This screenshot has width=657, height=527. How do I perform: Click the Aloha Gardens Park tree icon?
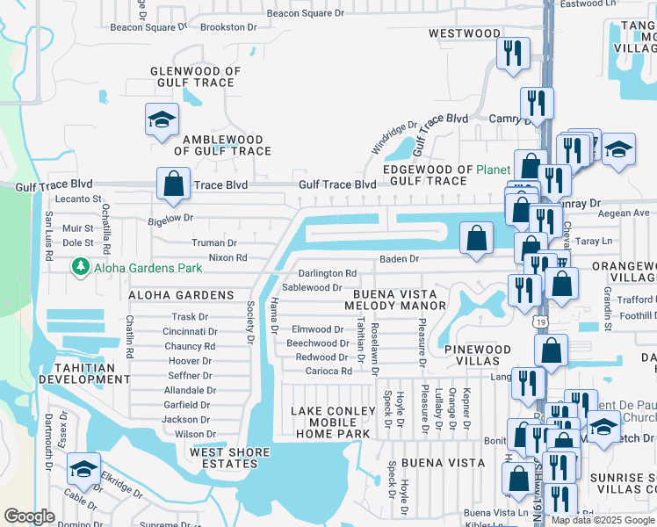point(81,264)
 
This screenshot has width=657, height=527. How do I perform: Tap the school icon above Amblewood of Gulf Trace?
point(162,121)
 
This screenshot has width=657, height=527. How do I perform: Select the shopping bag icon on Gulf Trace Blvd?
point(173,184)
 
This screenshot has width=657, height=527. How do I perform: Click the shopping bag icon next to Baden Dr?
point(475,239)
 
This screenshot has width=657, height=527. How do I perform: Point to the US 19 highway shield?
point(535,324)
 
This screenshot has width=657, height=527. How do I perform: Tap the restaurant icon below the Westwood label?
point(512,54)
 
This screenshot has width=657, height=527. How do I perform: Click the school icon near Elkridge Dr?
point(83,469)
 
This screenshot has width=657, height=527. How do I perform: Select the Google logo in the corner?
point(30,516)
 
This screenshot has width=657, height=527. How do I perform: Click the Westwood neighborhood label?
point(465,33)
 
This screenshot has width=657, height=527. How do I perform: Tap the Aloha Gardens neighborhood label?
point(181,295)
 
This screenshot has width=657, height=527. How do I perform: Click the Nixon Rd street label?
point(227,258)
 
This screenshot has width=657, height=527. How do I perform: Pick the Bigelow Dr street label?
point(170,217)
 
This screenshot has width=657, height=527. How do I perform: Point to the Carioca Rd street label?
point(323,372)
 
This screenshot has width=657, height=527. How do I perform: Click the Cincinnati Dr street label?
point(190,332)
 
